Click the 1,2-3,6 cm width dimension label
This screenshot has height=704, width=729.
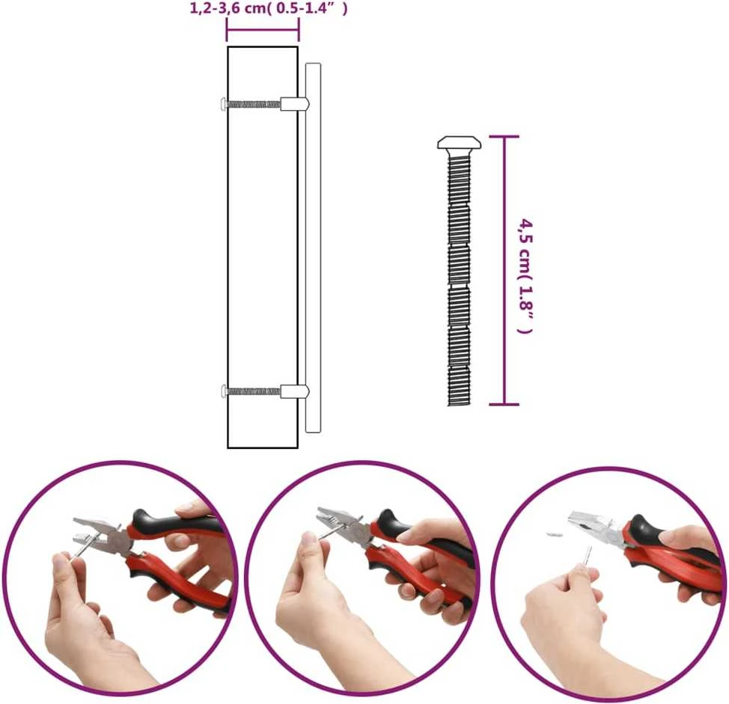(268, 8)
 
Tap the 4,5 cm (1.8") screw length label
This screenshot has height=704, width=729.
(525, 275)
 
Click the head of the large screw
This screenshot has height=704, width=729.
(460, 143)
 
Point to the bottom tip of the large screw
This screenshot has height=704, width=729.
(459, 405)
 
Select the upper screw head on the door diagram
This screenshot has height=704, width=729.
(224, 104)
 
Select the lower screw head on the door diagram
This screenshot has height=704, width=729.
(224, 392)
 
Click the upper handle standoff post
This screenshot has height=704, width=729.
(294, 104)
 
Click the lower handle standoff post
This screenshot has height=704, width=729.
(294, 392)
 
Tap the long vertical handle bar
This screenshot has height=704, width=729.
(313, 248)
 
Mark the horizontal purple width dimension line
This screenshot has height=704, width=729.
(263, 30)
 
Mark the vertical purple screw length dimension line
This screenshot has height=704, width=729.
(504, 270)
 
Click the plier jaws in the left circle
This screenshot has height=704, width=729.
(91, 532)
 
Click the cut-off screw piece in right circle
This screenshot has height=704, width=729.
(554, 534)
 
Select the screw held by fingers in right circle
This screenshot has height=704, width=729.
(588, 557)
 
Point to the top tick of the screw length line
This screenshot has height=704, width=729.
(504, 137)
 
